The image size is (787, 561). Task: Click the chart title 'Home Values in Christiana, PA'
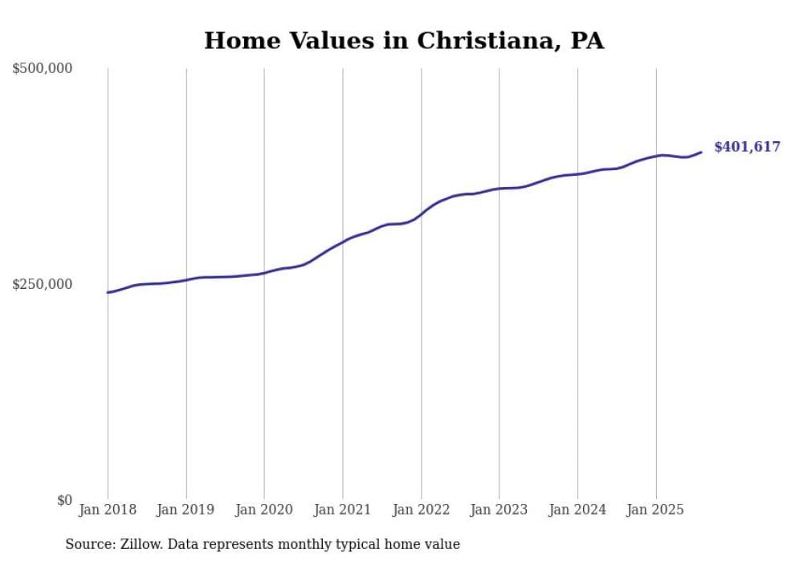(403, 40)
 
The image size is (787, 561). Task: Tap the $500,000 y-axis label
(43, 68)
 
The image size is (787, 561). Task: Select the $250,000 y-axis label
(43, 284)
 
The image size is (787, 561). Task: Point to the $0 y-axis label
(64, 500)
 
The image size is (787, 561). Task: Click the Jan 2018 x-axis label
(108, 510)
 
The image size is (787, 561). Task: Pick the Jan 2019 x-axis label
(186, 510)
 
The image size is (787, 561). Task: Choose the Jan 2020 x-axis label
(264, 510)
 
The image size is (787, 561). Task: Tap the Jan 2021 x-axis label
(343, 510)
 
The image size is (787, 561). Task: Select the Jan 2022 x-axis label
(421, 510)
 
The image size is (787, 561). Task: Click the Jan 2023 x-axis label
(499, 510)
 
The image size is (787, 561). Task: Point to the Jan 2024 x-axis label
(577, 510)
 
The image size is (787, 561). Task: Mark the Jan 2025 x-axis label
(656, 510)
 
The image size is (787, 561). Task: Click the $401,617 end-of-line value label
(747, 147)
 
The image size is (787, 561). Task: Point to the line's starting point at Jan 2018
(108, 292)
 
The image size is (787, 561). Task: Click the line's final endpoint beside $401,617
(701, 152)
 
